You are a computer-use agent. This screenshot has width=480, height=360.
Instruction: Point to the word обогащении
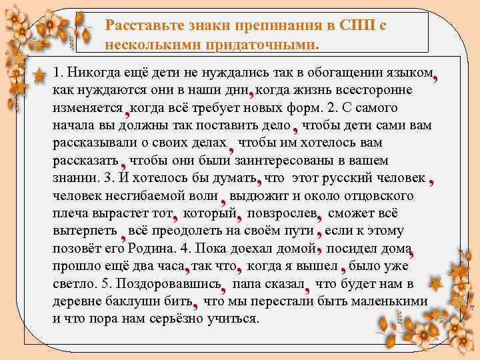click(x=344, y=72)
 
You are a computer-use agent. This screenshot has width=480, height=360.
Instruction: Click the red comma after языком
click(x=435, y=77)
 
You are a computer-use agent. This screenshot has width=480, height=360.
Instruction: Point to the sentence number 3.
click(x=109, y=178)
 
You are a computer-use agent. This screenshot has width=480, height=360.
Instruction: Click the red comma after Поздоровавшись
click(x=224, y=287)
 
